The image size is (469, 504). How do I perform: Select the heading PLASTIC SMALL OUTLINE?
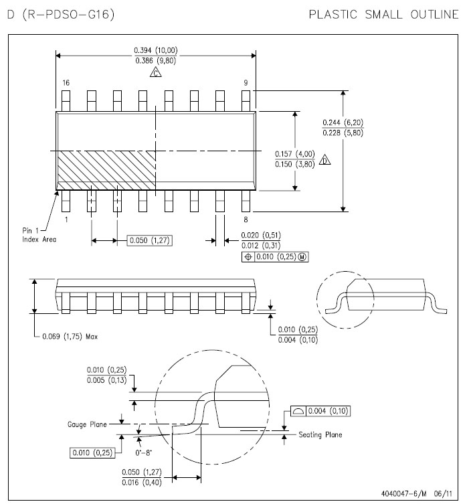coord(383,14)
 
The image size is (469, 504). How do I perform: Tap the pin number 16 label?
coord(66,82)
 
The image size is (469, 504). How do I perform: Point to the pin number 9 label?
coord(246,82)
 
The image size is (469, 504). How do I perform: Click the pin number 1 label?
coord(66,219)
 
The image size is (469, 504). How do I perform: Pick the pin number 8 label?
coord(246,219)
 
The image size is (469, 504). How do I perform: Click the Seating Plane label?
coord(320,435)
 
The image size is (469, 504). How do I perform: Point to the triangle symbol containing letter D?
coord(326,160)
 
